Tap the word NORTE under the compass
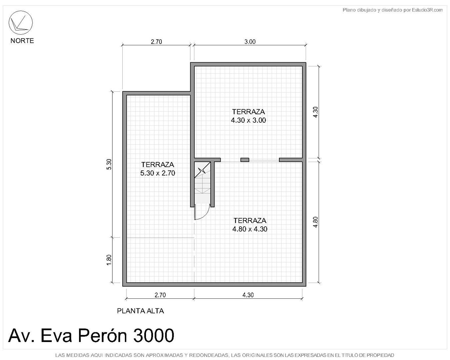point(22,41)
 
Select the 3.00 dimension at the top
point(250,42)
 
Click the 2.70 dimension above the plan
point(156,42)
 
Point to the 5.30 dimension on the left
point(109,164)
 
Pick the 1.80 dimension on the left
point(109,260)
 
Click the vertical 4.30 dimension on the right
point(316,112)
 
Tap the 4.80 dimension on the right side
point(316,222)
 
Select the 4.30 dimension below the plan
point(248,295)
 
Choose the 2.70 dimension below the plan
point(160,295)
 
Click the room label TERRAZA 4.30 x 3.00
point(248,116)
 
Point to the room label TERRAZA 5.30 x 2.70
point(157,169)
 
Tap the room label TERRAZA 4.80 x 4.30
point(250,225)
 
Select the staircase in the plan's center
point(202,182)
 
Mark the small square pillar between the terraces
point(245,160)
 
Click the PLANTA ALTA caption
point(140,311)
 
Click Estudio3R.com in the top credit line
point(427,10)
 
